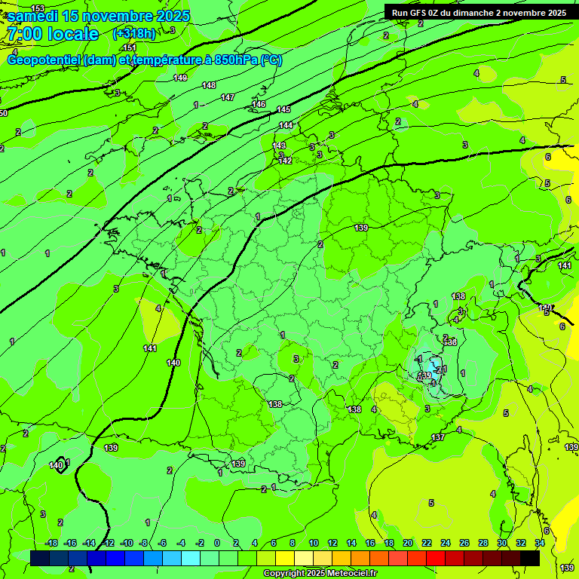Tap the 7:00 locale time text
click(x=53, y=34)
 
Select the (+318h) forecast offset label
click(x=135, y=34)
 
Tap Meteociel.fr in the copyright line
click(x=348, y=574)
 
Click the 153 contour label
click(x=38, y=8)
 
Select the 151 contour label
click(x=130, y=47)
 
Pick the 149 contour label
click(x=180, y=78)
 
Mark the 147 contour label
click(x=228, y=97)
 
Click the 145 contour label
click(x=283, y=110)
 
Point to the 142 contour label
click(x=285, y=161)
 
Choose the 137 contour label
click(x=438, y=438)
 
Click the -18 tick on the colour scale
click(x=51, y=543)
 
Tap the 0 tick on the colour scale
click(x=217, y=543)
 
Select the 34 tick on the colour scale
click(x=540, y=543)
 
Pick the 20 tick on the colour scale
click(x=408, y=543)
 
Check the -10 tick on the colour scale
click(x=127, y=543)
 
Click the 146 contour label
click(x=259, y=104)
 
